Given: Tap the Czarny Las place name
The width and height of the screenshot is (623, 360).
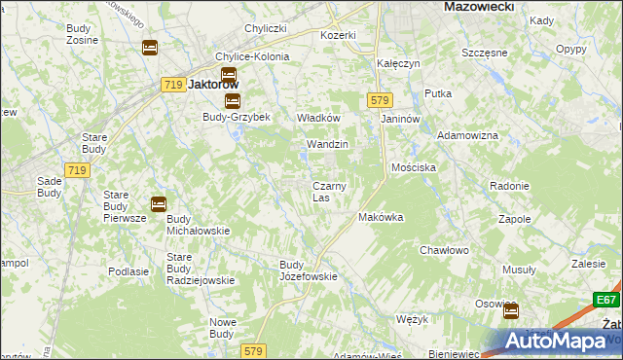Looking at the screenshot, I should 325,192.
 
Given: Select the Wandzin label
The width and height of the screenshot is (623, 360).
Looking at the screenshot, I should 327,144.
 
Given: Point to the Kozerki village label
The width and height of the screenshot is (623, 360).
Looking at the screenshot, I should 339,35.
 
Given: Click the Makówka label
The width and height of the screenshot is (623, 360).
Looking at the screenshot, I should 381,217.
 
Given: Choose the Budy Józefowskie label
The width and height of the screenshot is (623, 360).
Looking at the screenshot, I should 309,270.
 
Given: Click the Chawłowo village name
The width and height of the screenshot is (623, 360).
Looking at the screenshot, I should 445,250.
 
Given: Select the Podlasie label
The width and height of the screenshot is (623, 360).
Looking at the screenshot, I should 128,272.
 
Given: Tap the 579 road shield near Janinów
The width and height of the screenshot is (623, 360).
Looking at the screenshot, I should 380,100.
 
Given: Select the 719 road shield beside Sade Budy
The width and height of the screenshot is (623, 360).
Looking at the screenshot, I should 78,170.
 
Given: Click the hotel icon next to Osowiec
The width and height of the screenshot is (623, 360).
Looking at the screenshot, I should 510,311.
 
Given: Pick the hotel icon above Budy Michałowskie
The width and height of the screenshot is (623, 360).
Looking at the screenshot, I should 158,203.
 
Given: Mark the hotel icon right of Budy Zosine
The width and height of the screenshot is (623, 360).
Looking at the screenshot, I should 149,47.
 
